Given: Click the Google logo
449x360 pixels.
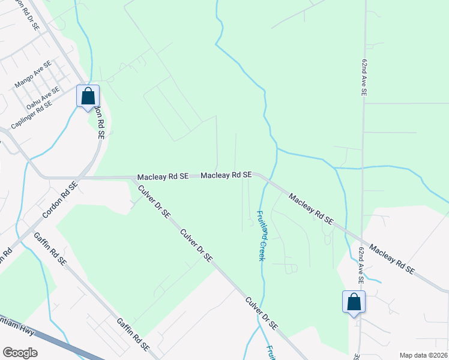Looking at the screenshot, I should (20, 352).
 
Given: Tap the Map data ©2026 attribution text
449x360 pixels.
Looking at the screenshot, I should (423, 355).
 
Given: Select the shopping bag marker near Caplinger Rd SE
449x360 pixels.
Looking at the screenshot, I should (88, 96).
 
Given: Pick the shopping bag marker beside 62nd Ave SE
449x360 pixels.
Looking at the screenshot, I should (354, 302).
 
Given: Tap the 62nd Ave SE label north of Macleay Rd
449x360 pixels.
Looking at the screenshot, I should (364, 79).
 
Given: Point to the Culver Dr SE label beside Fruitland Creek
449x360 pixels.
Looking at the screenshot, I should (260, 312).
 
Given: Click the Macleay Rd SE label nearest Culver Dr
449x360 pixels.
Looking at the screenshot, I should (163, 177).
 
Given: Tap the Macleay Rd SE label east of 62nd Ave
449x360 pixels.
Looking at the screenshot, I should (391, 259).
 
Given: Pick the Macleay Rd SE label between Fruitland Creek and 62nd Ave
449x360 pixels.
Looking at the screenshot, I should (310, 208).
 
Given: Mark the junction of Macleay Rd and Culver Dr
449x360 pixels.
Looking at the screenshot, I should (134, 178).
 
